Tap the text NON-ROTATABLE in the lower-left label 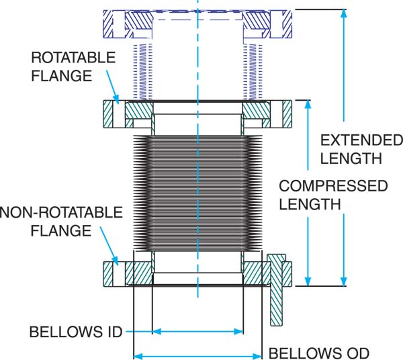tap(61, 213)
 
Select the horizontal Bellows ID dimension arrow tap(197, 331)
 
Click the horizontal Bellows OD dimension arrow tap(197, 355)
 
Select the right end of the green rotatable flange tap(286, 114)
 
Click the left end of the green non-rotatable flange tap(110, 273)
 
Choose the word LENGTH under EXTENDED tap(351, 159)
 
